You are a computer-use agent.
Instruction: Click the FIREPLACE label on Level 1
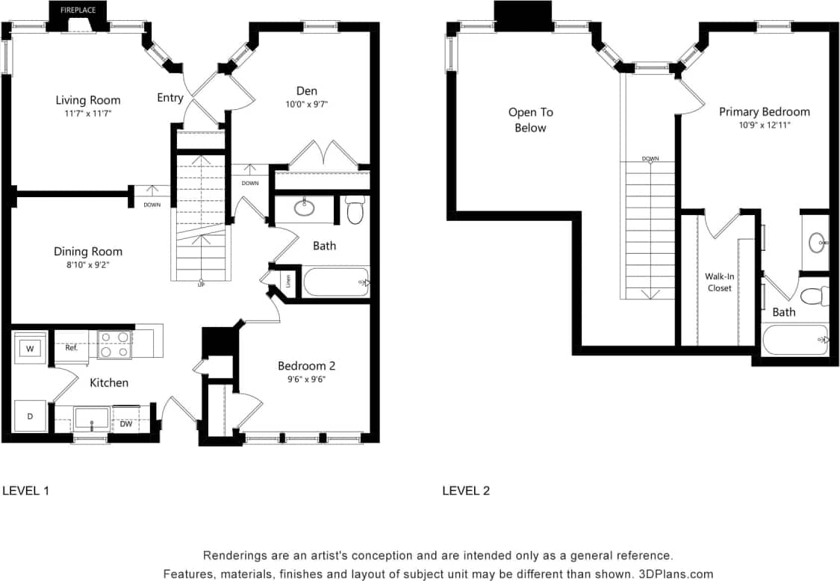pyautogui.click(x=78, y=11)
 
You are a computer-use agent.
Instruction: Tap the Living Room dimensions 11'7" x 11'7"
pyautogui.click(x=88, y=114)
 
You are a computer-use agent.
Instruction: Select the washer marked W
pyautogui.click(x=30, y=348)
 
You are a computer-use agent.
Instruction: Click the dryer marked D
pyautogui.click(x=30, y=416)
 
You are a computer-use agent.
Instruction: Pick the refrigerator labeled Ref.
pyautogui.click(x=72, y=348)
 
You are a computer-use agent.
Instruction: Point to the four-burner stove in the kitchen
pyautogui.click(x=115, y=345)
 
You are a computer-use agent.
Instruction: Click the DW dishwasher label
pyautogui.click(x=126, y=423)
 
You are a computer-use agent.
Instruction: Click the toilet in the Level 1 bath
pyautogui.click(x=356, y=211)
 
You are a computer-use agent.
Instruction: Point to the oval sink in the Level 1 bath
pyautogui.click(x=305, y=208)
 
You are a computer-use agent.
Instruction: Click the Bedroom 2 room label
pyautogui.click(x=306, y=366)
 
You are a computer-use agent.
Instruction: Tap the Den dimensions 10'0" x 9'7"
pyautogui.click(x=306, y=105)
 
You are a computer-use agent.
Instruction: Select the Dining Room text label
pyautogui.click(x=88, y=251)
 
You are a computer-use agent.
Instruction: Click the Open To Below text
pyautogui.click(x=530, y=119)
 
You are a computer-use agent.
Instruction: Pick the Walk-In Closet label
pyautogui.click(x=719, y=282)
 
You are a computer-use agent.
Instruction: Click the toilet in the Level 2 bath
pyautogui.click(x=816, y=296)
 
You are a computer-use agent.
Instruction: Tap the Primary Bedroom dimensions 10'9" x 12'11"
pyautogui.click(x=764, y=125)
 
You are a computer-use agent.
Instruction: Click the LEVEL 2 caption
pyautogui.click(x=466, y=491)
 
